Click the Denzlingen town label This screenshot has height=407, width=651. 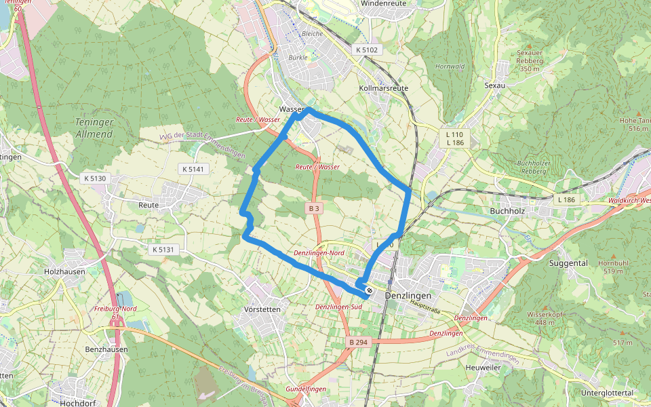(408, 296)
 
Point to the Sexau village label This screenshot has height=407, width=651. (496, 86)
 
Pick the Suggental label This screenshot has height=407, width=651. (568, 263)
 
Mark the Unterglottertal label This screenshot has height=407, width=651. (608, 393)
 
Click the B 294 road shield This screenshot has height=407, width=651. (358, 343)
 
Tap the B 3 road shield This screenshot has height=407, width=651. (313, 209)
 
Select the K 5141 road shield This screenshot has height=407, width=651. (193, 168)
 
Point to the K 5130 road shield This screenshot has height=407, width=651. (94, 178)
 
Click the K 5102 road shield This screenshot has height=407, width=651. (369, 50)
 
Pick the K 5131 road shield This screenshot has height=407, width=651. (163, 250)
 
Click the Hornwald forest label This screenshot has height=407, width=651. (450, 66)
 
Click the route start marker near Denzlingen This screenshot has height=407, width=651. (369, 291)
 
